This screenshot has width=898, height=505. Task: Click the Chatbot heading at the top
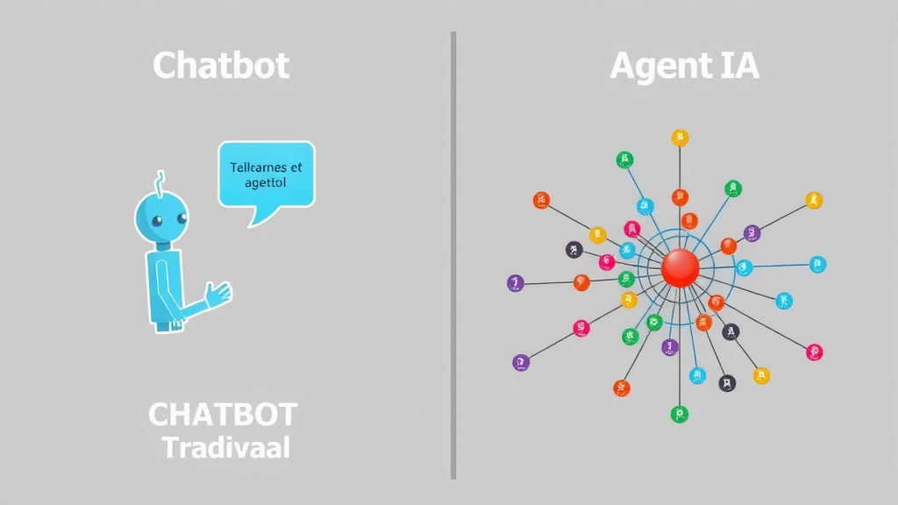(x=221, y=66)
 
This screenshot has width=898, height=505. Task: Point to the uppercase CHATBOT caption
(x=223, y=415)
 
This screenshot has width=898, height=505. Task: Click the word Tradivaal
(x=226, y=448)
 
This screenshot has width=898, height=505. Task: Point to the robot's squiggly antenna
(x=160, y=181)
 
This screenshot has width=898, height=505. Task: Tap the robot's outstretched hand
(x=217, y=293)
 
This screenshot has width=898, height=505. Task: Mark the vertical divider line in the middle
(x=453, y=254)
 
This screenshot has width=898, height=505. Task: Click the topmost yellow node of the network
(x=680, y=137)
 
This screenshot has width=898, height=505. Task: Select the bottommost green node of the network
(x=678, y=414)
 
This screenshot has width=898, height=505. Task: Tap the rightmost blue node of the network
(x=817, y=263)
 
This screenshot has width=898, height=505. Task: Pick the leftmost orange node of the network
(x=541, y=200)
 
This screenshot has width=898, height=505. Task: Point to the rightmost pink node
(x=815, y=352)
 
